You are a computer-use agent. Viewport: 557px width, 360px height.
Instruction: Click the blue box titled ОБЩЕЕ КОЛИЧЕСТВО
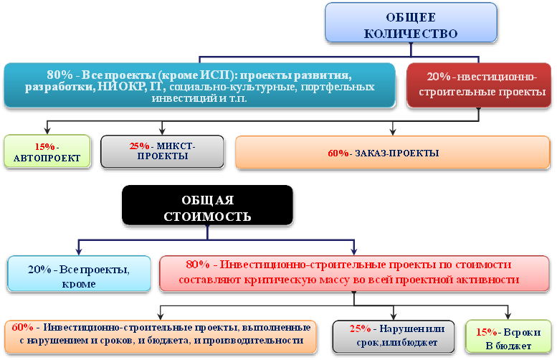tap(411, 23)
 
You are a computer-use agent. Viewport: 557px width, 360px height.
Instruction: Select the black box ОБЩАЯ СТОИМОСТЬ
tap(207, 205)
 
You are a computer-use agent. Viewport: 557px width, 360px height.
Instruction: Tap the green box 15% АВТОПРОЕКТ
tap(47, 151)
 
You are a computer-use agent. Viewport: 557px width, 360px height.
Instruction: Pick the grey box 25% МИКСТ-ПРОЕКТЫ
tap(162, 151)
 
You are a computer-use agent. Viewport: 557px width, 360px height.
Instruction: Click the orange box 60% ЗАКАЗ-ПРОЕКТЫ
tap(393, 152)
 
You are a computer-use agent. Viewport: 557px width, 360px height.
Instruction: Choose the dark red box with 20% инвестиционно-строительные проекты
tap(478, 85)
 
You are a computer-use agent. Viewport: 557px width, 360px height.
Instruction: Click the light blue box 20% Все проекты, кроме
tap(79, 274)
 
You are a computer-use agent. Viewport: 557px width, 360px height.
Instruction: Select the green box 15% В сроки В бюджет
tap(508, 336)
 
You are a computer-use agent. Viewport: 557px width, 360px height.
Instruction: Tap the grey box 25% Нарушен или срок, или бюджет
tap(394, 336)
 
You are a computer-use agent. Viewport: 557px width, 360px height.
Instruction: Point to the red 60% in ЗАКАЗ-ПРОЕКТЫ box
tap(338, 153)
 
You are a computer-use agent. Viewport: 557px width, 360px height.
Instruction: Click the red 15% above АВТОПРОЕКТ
tap(44, 146)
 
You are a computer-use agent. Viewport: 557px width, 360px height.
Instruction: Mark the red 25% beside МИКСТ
tap(139, 146)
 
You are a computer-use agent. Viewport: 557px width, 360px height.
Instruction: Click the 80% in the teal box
tap(59, 75)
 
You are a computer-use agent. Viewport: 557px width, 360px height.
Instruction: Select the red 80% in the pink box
tap(198, 265)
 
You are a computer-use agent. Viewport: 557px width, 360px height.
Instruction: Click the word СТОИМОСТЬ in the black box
tap(207, 217)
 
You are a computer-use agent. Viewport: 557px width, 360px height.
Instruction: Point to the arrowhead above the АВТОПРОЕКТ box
tap(47, 131)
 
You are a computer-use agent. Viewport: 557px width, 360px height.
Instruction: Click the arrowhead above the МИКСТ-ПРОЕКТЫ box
tap(162, 131)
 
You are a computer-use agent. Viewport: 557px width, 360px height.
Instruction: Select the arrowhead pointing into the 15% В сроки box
tap(508, 316)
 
